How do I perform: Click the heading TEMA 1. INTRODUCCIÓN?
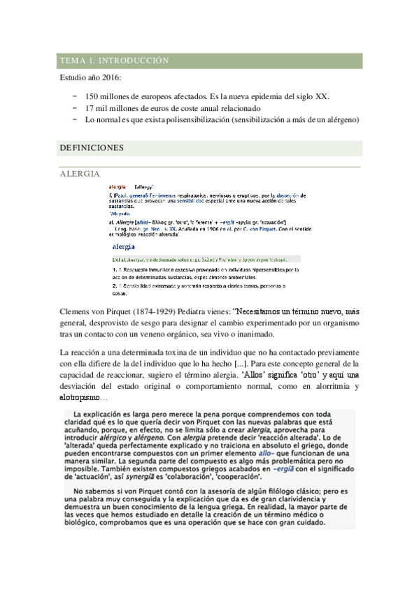(x=115, y=61)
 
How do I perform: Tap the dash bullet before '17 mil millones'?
(x=75, y=108)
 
